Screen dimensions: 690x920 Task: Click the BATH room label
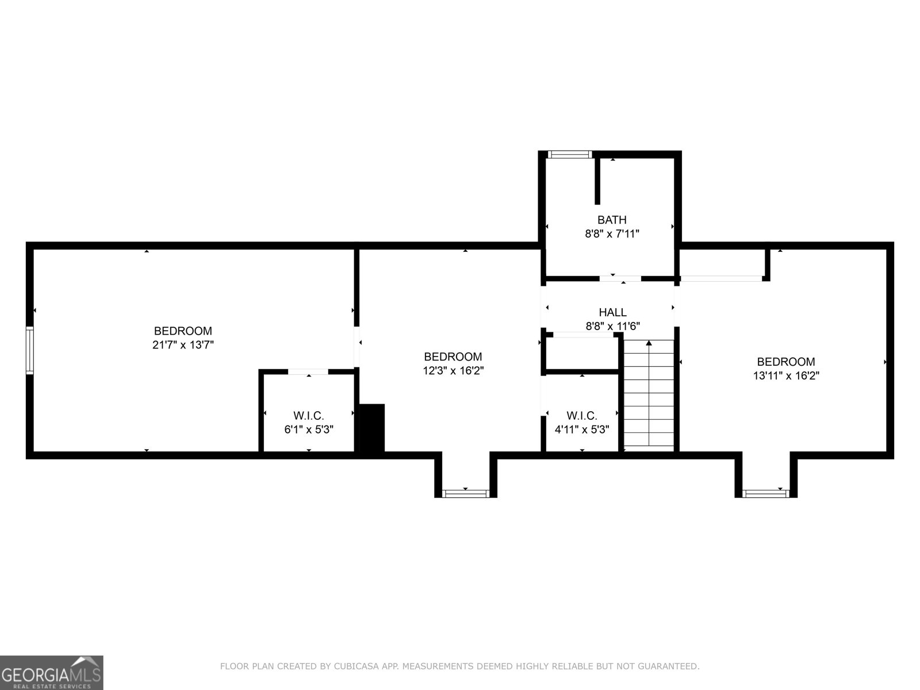(612, 220)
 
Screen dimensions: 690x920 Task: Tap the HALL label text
(612, 312)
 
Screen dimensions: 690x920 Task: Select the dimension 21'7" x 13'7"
(183, 345)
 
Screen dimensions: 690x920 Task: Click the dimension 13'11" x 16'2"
(785, 376)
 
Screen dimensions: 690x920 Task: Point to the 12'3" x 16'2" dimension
(453, 371)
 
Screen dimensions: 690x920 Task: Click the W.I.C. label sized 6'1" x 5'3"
(309, 415)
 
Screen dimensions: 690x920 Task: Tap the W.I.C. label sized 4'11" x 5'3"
(581, 415)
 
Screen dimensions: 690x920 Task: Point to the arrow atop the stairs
(649, 343)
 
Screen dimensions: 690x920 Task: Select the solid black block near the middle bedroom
(371, 428)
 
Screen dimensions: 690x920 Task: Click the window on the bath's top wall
(569, 154)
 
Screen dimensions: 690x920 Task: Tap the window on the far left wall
(30, 350)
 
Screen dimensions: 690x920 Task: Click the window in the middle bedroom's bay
(465, 493)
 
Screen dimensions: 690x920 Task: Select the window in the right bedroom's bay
(766, 493)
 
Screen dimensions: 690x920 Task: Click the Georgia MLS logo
(51, 673)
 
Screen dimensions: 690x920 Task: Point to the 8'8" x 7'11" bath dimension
(612, 234)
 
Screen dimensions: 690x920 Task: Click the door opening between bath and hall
(620, 279)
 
